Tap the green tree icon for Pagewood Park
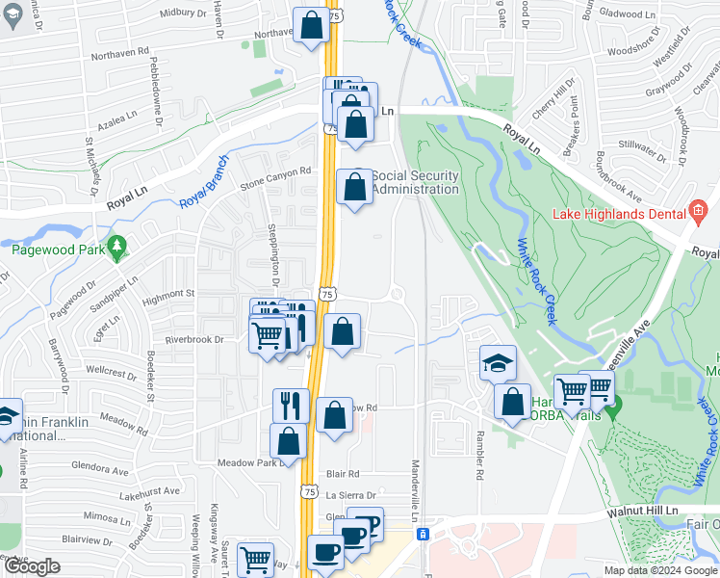pyautogui.click(x=117, y=248)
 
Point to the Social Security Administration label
pyautogui.click(x=415, y=182)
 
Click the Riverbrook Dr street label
pyautogui.click(x=193, y=339)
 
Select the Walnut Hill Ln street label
pyautogui.click(x=643, y=513)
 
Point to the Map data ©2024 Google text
pyautogui.click(x=659, y=570)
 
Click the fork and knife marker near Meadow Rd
pyautogui.click(x=291, y=405)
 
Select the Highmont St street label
pyautogui.click(x=170, y=292)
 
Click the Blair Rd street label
pyautogui.click(x=342, y=474)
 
